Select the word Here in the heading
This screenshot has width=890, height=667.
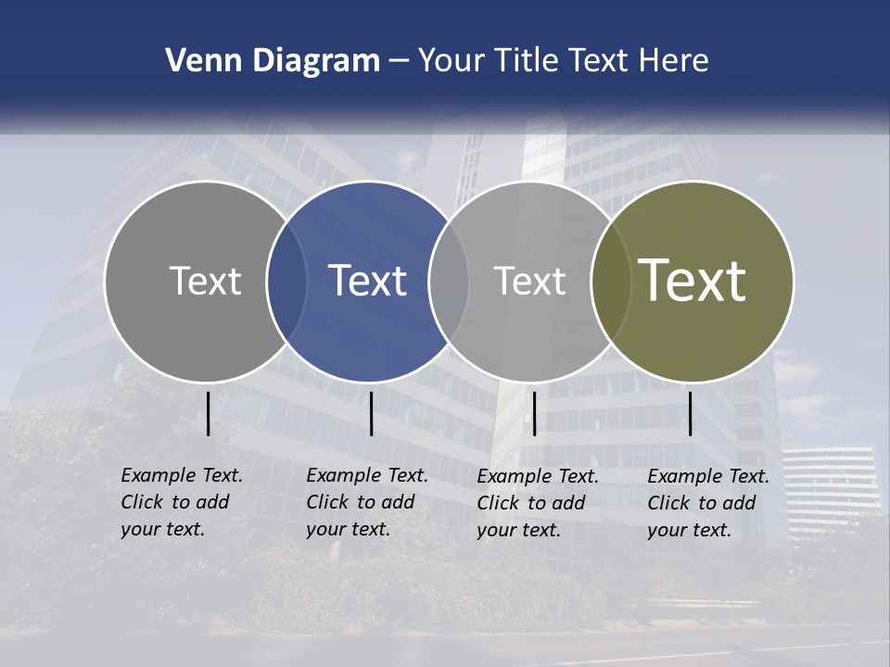(674, 61)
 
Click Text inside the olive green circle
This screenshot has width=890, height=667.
(693, 281)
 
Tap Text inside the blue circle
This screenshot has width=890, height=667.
(368, 281)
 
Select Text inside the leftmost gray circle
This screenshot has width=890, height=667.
(205, 281)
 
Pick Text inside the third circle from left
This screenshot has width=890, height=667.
(529, 281)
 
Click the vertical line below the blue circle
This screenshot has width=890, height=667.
(371, 413)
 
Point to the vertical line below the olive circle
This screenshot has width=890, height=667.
(690, 413)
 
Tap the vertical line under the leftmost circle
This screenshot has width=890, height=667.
(208, 413)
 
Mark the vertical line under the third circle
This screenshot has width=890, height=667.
(534, 413)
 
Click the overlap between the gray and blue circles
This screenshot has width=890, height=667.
(286, 281)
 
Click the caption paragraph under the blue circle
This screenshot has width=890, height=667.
(367, 502)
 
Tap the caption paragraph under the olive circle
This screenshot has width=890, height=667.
(708, 503)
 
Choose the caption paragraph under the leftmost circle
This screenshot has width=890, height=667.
(182, 502)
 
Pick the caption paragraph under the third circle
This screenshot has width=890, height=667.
(538, 503)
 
